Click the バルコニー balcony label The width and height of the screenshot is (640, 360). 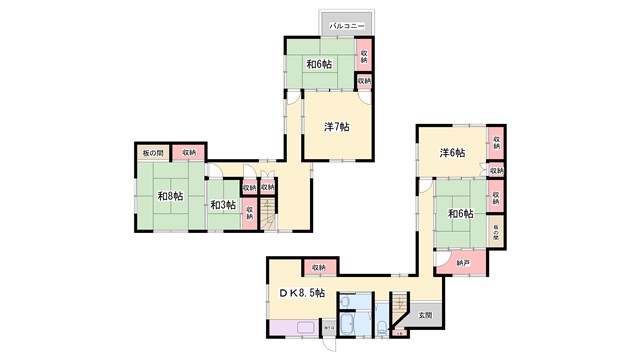[346, 24]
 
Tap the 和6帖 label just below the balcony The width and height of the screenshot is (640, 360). [320, 64]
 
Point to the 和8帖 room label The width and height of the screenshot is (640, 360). [169, 196]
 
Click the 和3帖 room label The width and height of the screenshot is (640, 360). [223, 204]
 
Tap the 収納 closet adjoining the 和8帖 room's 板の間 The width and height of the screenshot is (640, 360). [189, 152]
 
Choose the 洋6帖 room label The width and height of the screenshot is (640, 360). [452, 153]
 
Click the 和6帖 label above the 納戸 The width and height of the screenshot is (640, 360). [460, 213]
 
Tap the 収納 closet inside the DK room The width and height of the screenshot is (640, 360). [318, 267]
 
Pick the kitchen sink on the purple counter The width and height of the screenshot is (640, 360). [327, 327]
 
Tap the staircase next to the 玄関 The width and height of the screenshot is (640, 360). [400, 306]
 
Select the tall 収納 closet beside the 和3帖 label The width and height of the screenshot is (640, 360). [248, 214]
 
